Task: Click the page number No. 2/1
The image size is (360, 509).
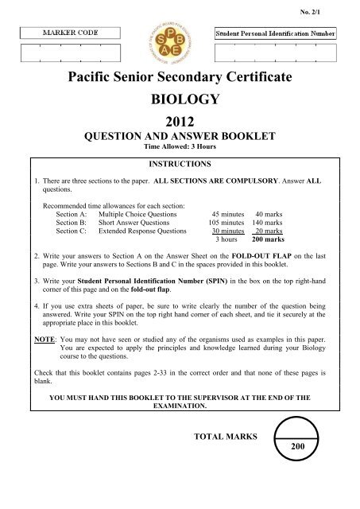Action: click(339, 11)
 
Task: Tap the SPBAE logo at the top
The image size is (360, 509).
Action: click(180, 45)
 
